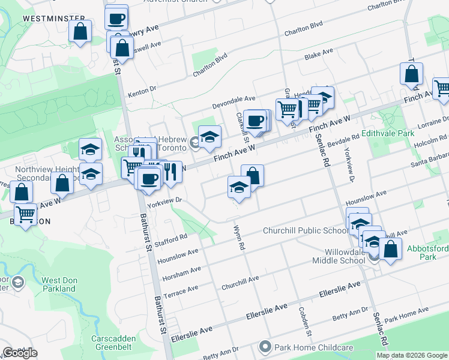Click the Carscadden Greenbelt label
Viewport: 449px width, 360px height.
pyautogui.click(x=113, y=343)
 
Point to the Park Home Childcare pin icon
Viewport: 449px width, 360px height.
pyautogui.click(x=265, y=347)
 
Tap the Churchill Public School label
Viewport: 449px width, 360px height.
pyautogui.click(x=305, y=231)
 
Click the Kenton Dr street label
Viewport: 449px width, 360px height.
pyautogui.click(x=142, y=92)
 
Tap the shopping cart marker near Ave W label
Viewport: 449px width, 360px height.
pyautogui.click(x=26, y=214)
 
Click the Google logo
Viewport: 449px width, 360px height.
pyautogui.click(x=20, y=353)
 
